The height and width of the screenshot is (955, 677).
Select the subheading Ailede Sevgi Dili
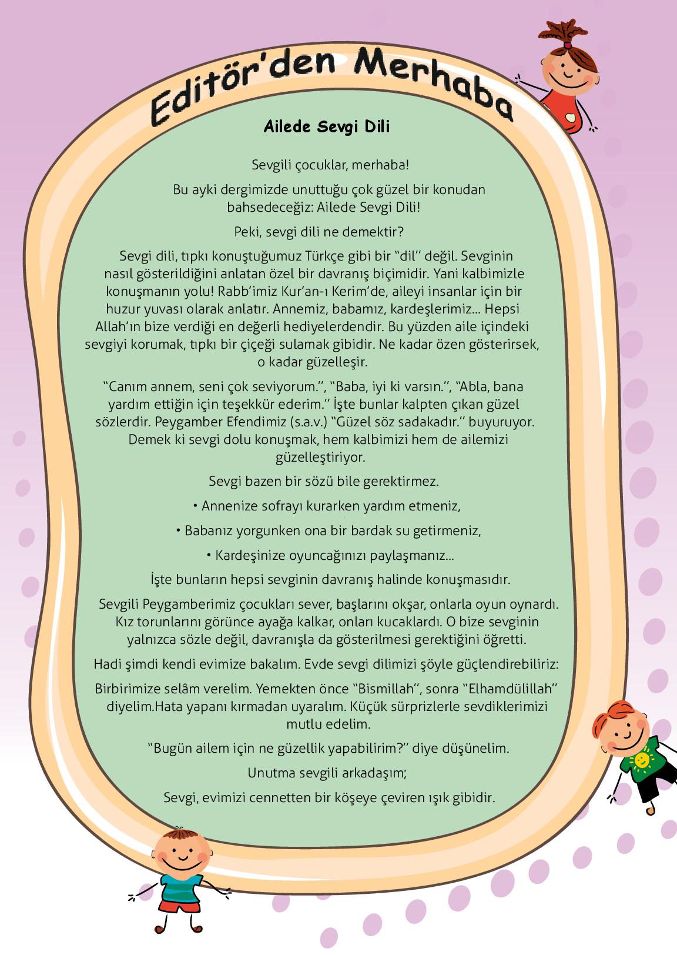[327, 127]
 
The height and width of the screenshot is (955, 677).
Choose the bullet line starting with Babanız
[329, 531]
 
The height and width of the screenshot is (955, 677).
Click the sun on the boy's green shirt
[642, 761]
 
